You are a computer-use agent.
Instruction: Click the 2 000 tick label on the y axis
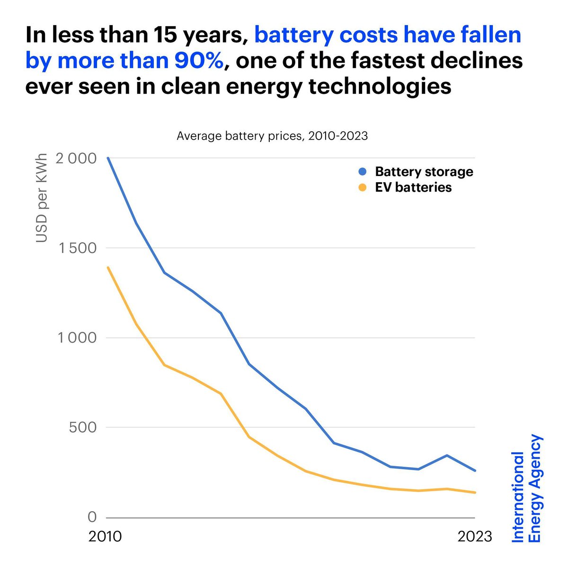(x=75, y=158)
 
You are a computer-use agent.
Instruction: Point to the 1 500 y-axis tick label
(x=75, y=248)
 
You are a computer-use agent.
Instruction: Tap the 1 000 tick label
(x=75, y=338)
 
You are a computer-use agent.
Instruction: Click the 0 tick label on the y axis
(x=92, y=517)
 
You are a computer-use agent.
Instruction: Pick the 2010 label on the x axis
(x=105, y=537)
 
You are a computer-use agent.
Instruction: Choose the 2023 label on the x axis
(x=475, y=537)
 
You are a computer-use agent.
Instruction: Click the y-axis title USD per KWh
(x=42, y=198)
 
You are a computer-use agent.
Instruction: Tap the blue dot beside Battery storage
(x=363, y=171)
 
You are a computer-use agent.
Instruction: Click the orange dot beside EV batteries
(x=363, y=187)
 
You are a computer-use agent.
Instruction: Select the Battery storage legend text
(x=424, y=171)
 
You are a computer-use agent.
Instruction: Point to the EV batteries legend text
(x=413, y=187)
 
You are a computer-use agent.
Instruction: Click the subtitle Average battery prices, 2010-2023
(x=272, y=136)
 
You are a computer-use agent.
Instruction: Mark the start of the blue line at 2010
(x=108, y=158)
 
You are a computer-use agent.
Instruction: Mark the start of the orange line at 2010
(x=108, y=267)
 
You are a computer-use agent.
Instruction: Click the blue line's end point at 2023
(x=475, y=470)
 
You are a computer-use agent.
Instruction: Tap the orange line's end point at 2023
(x=475, y=492)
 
